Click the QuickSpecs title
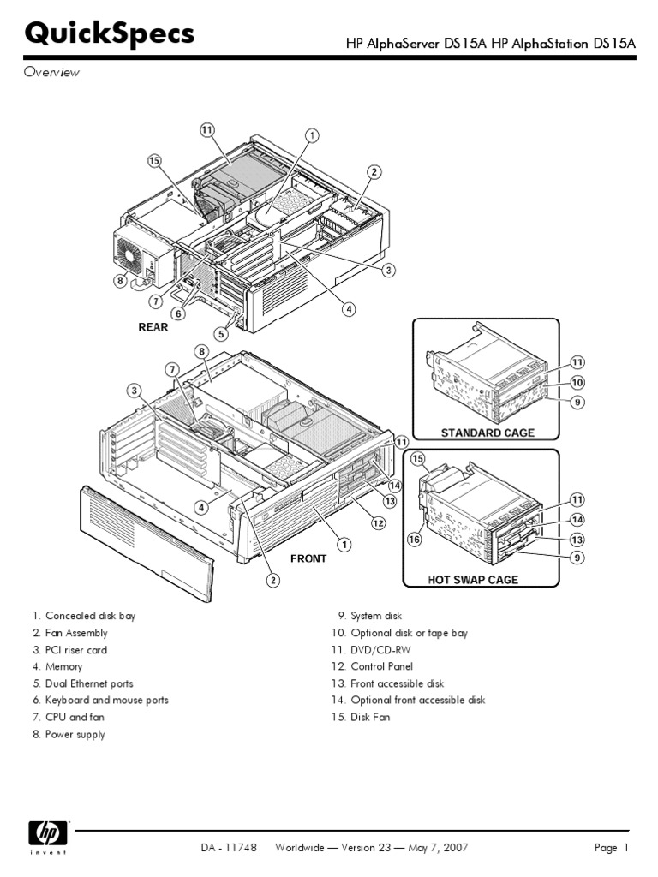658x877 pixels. coord(110,34)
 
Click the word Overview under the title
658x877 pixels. coord(51,73)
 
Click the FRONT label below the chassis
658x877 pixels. coord(308,558)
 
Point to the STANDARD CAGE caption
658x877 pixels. coord(487,433)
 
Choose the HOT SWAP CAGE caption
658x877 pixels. coord(473,580)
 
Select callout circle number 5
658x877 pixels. coord(220,334)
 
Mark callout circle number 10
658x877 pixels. coord(577,382)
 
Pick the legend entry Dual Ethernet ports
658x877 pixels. coord(88,683)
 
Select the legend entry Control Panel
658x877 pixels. coord(381,666)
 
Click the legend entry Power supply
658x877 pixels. coord(75,734)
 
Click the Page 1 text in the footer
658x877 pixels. coord(612,848)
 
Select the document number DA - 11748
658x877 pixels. coord(227,848)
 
